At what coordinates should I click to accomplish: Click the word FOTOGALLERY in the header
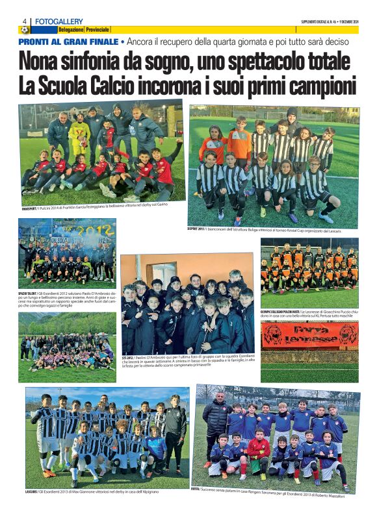pos(59,21)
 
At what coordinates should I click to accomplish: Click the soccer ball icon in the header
pos(24,30)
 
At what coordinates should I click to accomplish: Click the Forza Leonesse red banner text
pos(309,334)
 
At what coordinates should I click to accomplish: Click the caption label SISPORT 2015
pos(199,229)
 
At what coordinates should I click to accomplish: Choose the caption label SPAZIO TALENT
pos(32,293)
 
